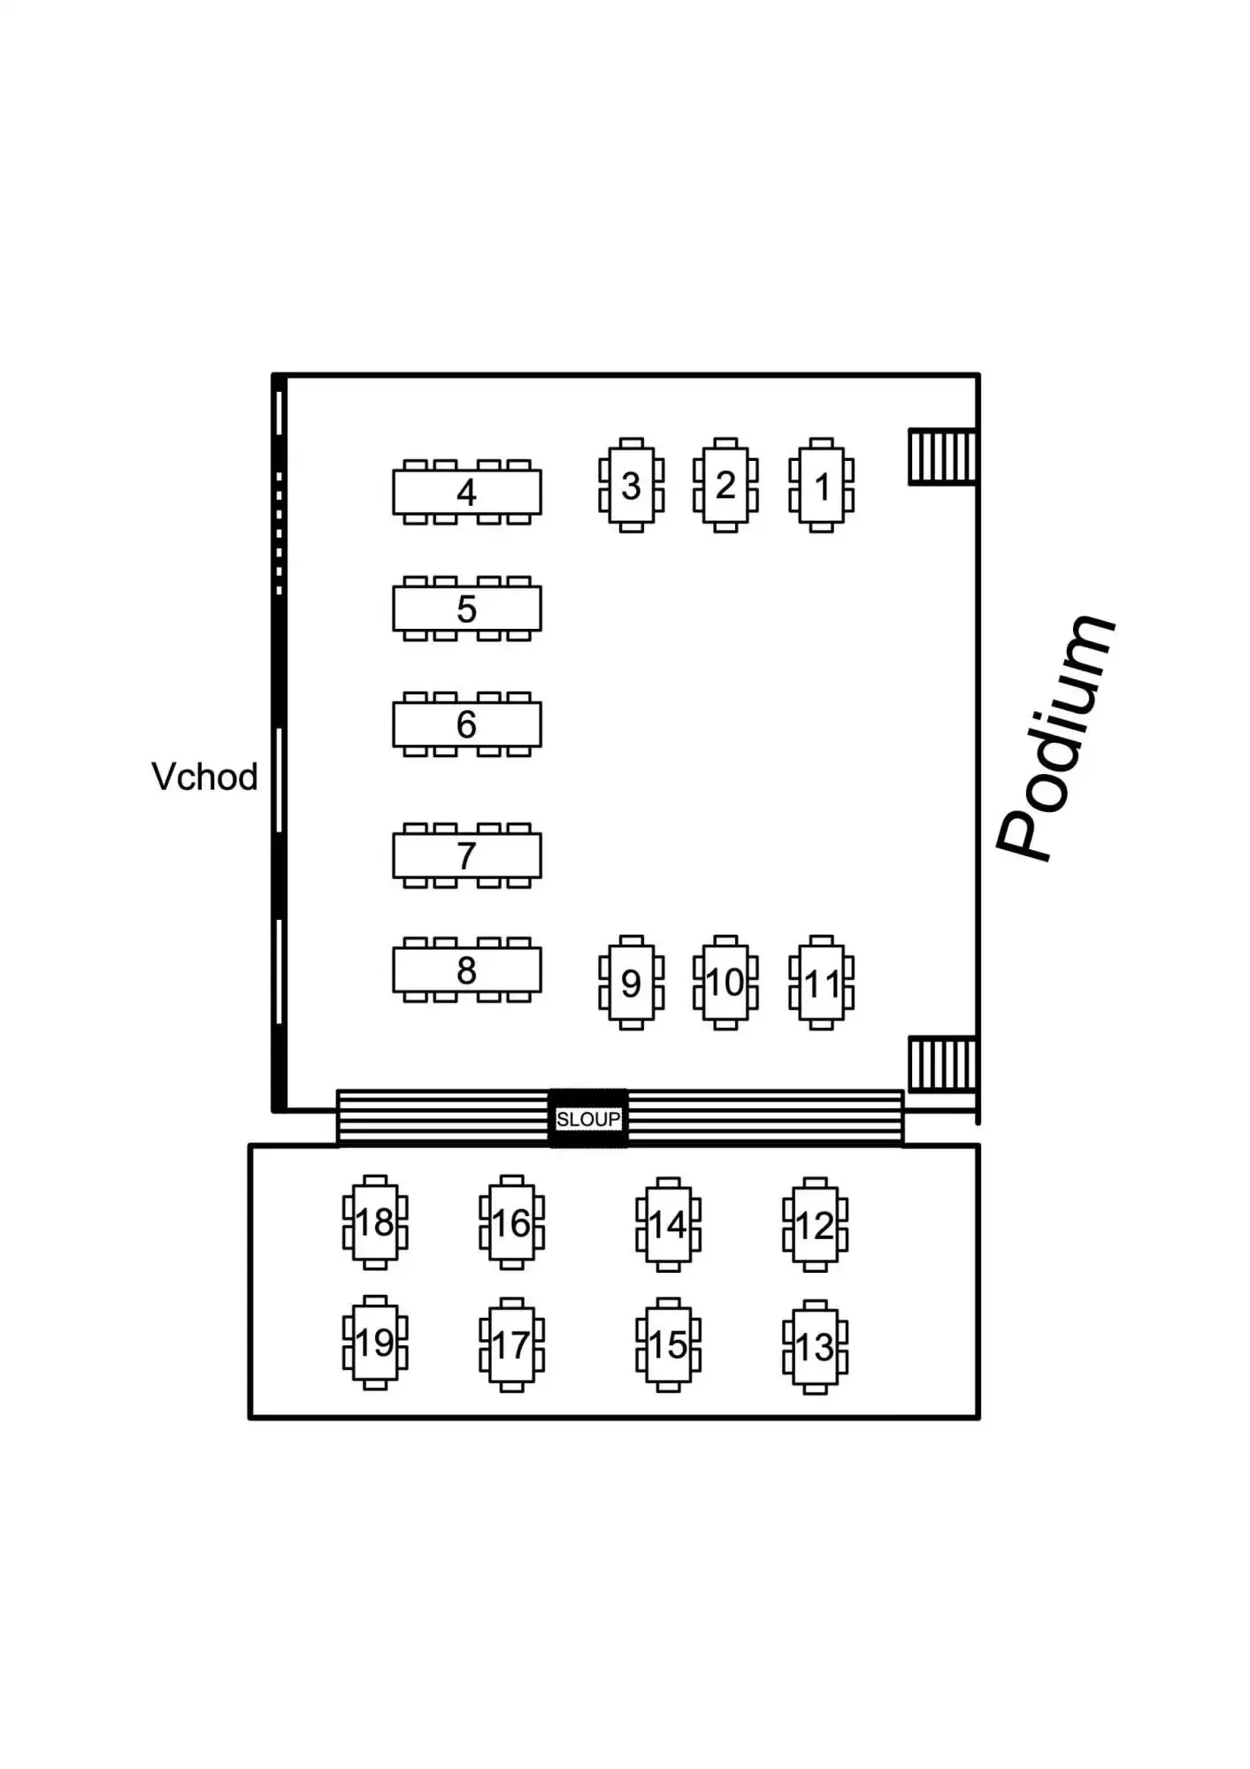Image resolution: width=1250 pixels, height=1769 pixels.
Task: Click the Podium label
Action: [1054, 738]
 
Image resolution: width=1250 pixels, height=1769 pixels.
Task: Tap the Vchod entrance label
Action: [204, 777]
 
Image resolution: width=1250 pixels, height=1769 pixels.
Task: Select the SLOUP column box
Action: [588, 1119]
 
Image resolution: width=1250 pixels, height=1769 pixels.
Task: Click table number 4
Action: [466, 492]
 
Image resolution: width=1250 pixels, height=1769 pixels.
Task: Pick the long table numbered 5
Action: [466, 609]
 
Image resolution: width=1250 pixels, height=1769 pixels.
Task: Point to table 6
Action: [466, 724]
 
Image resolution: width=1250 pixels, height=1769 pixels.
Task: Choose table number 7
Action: [466, 855]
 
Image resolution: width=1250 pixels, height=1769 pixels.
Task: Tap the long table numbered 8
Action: [466, 970]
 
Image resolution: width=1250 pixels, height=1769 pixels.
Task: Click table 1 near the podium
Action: [822, 486]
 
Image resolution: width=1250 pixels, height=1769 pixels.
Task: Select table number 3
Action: [631, 486]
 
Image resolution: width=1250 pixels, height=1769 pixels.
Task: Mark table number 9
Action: [631, 983]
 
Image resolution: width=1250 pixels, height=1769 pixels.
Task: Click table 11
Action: [822, 983]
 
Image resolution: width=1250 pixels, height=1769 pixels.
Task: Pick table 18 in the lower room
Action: [375, 1222]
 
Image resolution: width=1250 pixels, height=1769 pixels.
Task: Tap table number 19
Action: [375, 1344]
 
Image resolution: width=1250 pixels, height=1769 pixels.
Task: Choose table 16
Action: [511, 1223]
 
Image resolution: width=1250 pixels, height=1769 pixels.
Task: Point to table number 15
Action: [668, 1345]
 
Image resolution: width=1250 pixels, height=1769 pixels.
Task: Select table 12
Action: [815, 1225]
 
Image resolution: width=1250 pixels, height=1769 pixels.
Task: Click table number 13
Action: [815, 1347]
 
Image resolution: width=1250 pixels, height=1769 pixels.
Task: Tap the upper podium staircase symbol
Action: [942, 456]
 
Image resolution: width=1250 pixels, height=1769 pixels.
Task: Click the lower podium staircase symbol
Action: [942, 1064]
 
